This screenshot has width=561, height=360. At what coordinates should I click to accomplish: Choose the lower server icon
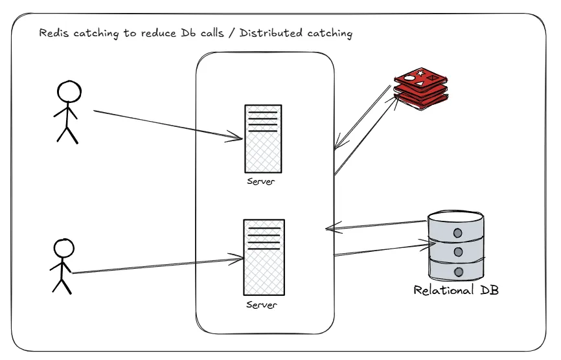(263, 257)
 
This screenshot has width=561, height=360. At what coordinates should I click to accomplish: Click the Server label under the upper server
(260, 181)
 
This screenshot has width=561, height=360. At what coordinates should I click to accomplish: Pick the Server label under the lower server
(262, 305)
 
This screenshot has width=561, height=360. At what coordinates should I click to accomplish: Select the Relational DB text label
(456, 291)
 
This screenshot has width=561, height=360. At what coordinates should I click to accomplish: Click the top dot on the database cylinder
(458, 232)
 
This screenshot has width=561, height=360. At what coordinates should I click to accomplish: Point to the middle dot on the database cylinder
(458, 252)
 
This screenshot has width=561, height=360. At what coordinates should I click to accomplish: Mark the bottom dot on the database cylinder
(459, 272)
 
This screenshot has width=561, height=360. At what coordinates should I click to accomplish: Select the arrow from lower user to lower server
(155, 266)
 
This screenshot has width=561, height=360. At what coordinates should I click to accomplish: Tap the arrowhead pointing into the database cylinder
(424, 245)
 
